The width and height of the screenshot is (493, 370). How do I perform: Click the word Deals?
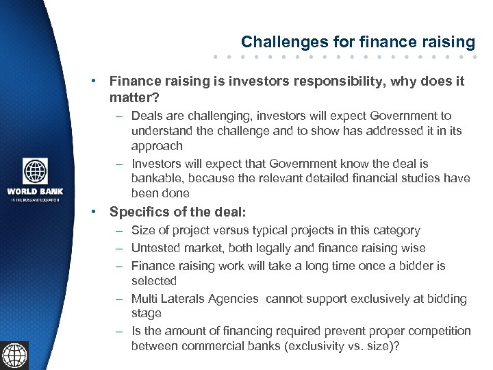click(x=147, y=116)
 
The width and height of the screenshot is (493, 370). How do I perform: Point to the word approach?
click(x=157, y=146)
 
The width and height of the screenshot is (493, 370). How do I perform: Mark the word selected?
click(x=154, y=281)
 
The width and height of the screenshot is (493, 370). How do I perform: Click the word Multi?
click(x=144, y=299)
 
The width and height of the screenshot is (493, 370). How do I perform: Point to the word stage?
click(x=147, y=313)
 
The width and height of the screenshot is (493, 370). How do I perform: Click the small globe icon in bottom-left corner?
click(x=14, y=355)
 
